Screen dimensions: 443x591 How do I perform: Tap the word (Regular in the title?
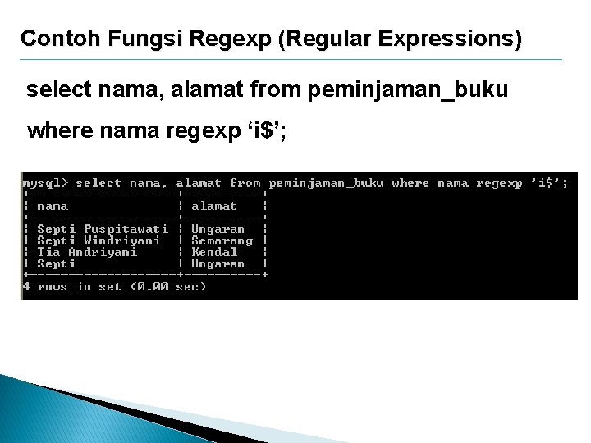pos(319,39)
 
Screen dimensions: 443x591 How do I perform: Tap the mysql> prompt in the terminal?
pos(45,184)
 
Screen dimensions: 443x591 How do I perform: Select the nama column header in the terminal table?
pos(53,207)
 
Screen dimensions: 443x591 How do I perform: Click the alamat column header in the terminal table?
pos(214,207)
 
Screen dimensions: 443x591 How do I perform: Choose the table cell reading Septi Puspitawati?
pos(103,230)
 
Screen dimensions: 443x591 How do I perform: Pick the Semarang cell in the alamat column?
pos(222,241)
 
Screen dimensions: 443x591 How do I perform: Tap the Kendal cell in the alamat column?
pos(214,253)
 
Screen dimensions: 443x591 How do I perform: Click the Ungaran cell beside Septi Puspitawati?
pos(218,230)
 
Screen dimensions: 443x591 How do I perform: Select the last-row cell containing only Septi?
pos(57,264)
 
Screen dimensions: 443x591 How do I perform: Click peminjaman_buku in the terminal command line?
pos(326,184)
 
